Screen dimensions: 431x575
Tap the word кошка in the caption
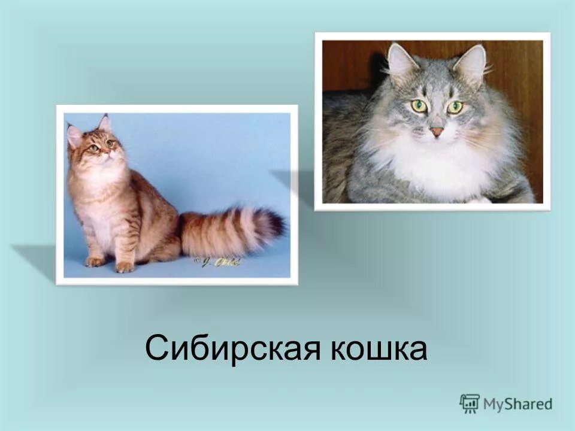tap(379, 349)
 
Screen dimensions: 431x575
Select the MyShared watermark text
tap(517, 404)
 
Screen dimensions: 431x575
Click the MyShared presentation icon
tap(470, 403)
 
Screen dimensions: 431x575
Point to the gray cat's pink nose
tap(436, 131)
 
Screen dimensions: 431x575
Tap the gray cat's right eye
tap(455, 107)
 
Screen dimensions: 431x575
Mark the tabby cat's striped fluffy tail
tap(231, 230)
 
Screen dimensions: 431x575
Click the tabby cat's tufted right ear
tap(105, 123)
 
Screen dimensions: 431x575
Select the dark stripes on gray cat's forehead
tap(437, 90)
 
